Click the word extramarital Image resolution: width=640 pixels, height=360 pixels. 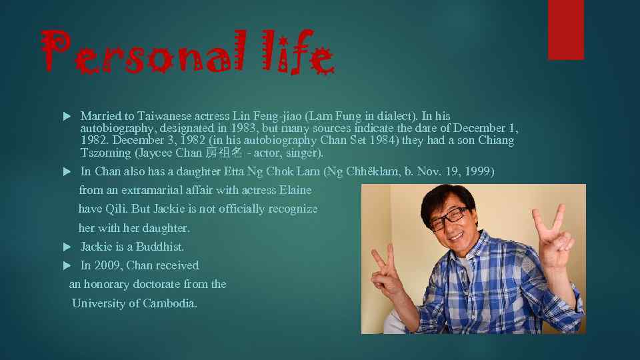(x=157, y=190)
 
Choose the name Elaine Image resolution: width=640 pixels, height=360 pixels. (x=295, y=190)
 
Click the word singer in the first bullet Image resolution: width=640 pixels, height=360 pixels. (x=305, y=153)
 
